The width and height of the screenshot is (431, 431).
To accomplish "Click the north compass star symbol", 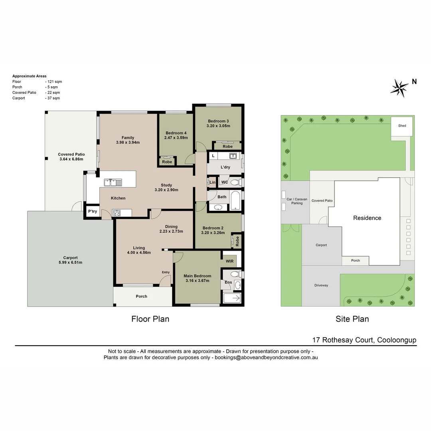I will click(x=399, y=87).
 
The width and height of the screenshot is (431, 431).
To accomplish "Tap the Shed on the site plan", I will click(x=402, y=126).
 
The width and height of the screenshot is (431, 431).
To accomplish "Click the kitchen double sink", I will click(x=113, y=182).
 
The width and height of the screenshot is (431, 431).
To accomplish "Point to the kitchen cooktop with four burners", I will click(x=117, y=213).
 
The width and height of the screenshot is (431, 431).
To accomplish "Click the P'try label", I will click(x=92, y=212).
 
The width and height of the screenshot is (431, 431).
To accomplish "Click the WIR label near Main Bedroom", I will click(x=229, y=261).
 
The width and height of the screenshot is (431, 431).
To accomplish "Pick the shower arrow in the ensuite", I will click(x=233, y=298).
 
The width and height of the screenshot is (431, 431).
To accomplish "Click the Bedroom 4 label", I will click(x=176, y=133).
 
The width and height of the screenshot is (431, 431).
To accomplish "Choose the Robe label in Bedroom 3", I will click(x=227, y=146).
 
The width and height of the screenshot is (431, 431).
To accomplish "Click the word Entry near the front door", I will click(x=166, y=272).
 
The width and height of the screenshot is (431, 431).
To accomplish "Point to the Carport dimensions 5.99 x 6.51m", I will click(x=70, y=263).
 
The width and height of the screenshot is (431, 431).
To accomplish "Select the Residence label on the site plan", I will click(x=367, y=218).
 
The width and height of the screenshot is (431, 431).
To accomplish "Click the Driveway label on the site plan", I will click(x=321, y=285).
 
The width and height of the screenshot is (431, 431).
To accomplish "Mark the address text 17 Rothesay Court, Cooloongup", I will click(x=364, y=340).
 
